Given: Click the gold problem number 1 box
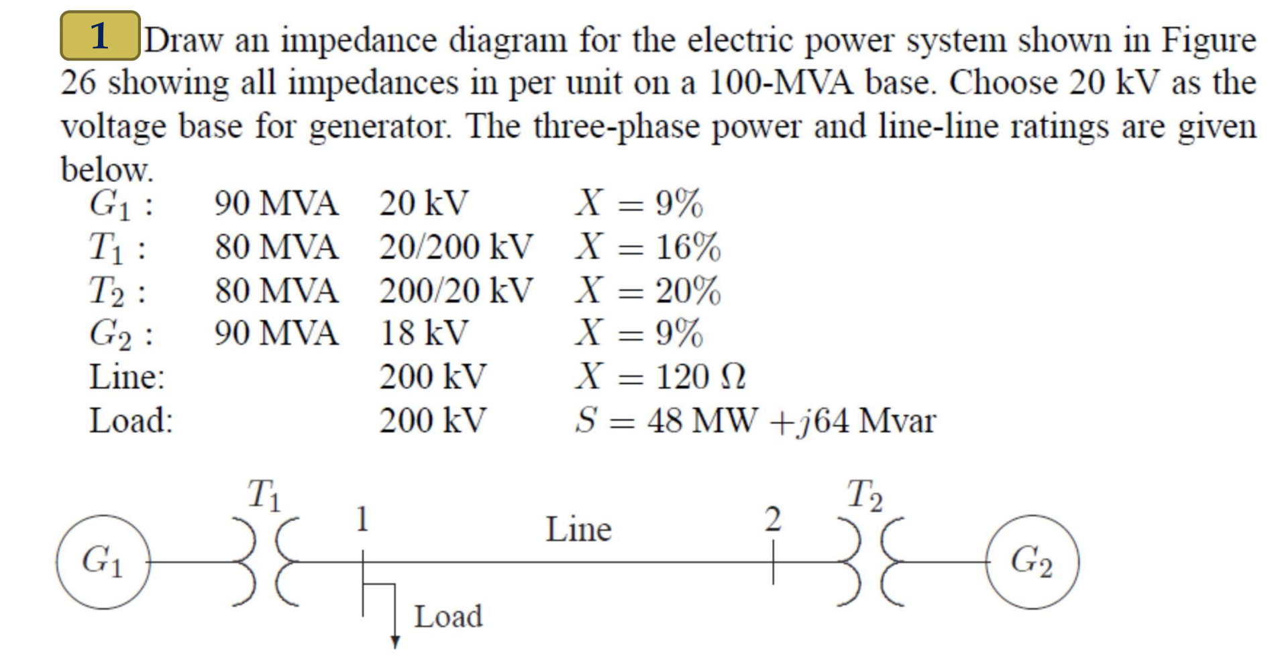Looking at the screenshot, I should point(100,36).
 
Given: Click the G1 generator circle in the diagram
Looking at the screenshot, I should point(103,562).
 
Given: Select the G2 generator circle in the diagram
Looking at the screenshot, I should point(1032,562).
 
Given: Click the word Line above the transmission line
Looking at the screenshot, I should point(578,530).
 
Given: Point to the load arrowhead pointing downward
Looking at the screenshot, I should point(395,642).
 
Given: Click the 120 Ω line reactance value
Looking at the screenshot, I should point(700,377).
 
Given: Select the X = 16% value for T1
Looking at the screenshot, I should point(647,247).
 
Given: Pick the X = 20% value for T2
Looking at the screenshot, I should point(647,290).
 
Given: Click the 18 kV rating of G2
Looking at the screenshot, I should point(424,333).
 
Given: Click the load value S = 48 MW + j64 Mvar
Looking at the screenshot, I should point(755,421).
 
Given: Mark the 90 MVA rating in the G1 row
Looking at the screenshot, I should point(276,203).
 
